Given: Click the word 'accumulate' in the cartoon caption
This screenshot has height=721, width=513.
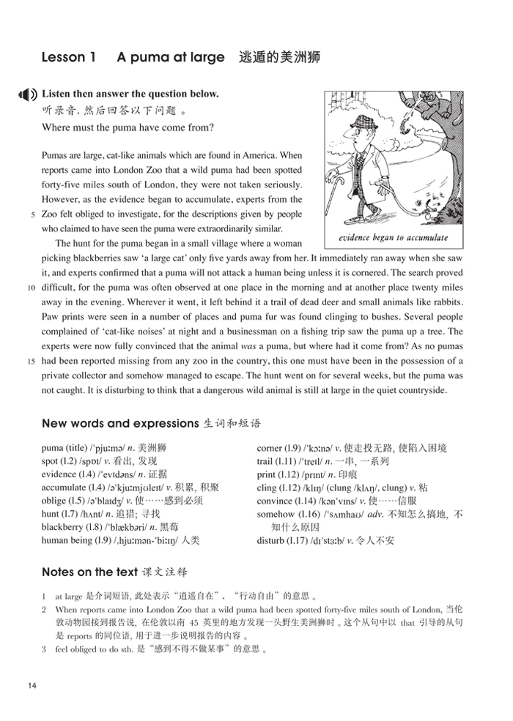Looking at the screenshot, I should pos(421,239).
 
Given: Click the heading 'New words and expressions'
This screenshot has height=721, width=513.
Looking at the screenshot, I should pos(120,424).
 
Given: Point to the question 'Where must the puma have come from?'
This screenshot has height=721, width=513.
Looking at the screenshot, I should pos(128,127).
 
